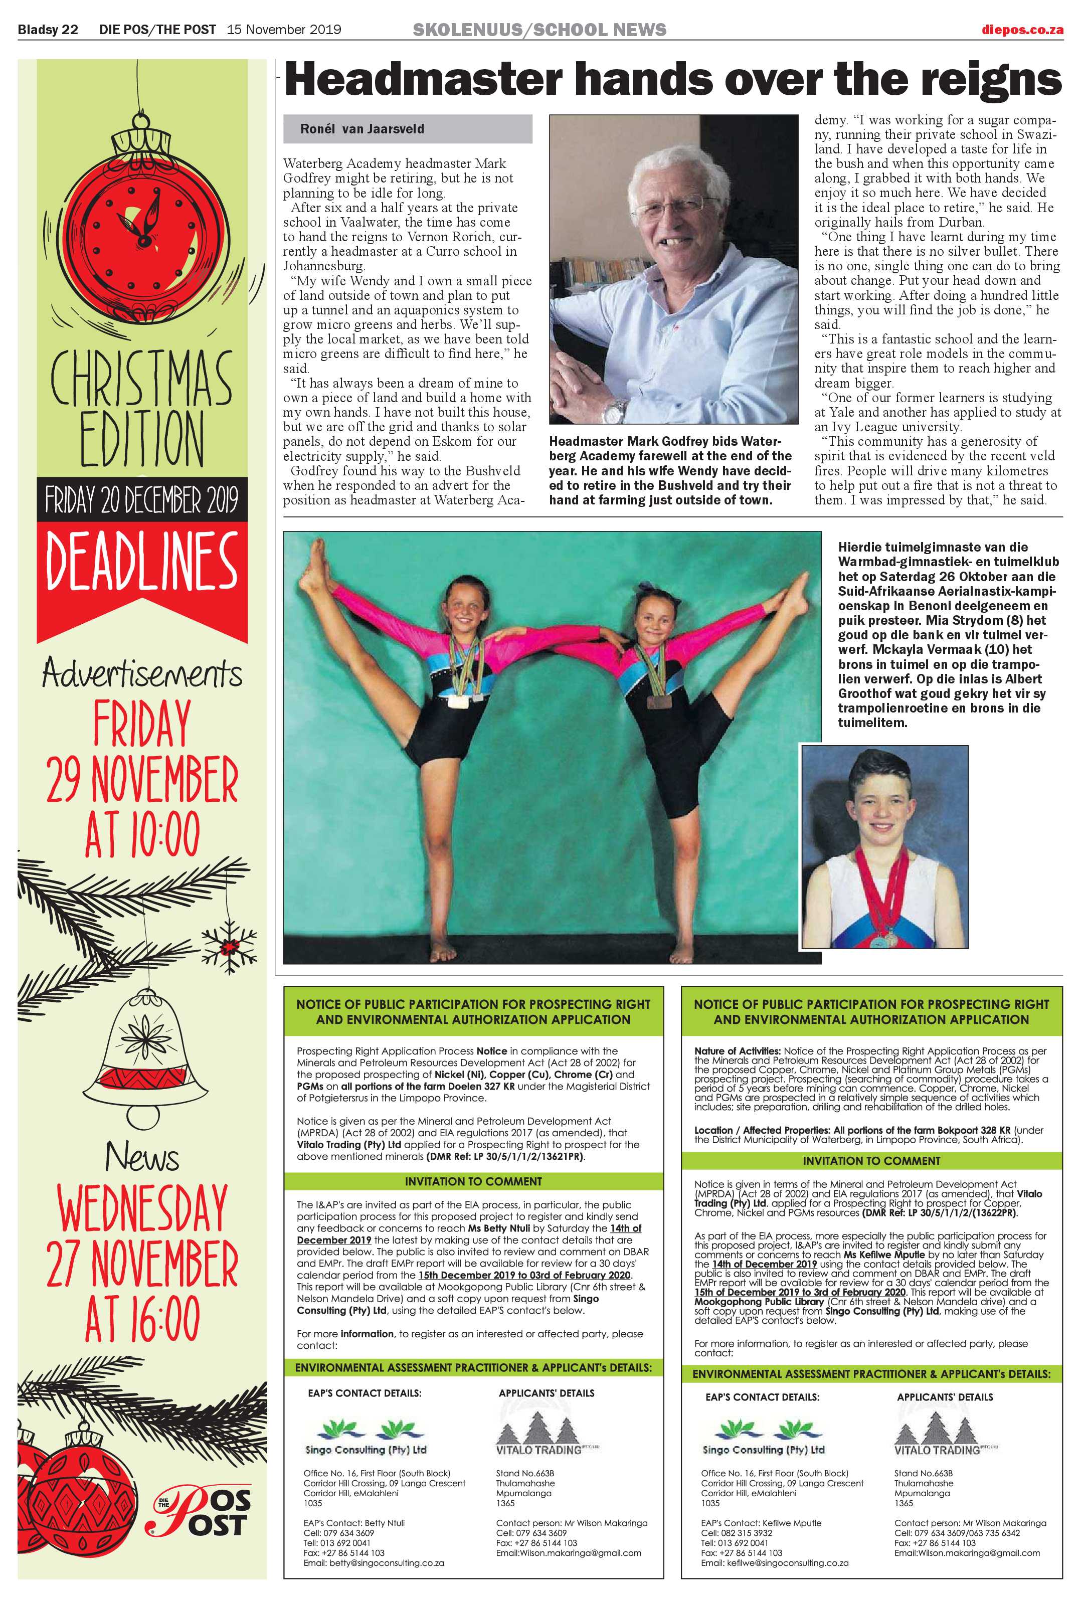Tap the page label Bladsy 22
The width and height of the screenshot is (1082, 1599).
[x=48, y=30]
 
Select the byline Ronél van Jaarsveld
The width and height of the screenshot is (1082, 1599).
[x=362, y=129]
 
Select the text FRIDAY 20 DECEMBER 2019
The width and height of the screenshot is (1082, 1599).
[x=142, y=499]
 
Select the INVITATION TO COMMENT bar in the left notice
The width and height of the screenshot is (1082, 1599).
[x=473, y=1181]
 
